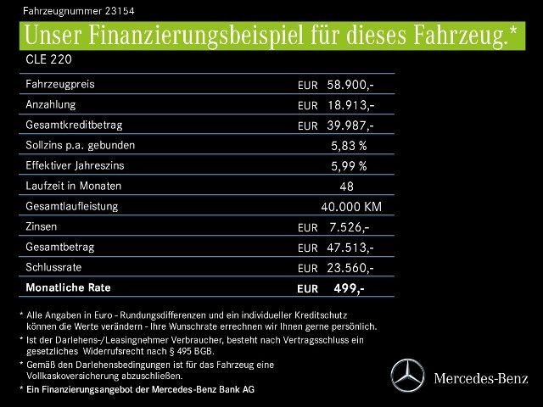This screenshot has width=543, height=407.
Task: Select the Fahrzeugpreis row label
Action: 60,84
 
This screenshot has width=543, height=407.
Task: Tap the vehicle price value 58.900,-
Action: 350,85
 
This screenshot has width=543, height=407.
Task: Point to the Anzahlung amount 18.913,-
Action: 350,105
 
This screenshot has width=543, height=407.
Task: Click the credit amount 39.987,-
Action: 350,125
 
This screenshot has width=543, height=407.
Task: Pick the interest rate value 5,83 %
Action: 349,146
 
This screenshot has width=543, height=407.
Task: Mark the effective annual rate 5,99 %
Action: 349,166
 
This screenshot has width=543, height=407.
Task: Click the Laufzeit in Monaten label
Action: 74,186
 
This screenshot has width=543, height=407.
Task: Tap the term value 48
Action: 346,187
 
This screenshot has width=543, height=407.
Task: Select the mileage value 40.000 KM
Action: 351,207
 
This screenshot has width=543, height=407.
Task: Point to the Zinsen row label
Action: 43,226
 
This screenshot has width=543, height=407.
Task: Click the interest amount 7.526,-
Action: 349,227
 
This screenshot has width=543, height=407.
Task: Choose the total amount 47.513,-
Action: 350,248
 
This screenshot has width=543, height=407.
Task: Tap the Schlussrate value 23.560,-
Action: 350,268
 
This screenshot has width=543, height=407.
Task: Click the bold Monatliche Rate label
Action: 68,287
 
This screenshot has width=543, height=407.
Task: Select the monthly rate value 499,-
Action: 350,288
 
